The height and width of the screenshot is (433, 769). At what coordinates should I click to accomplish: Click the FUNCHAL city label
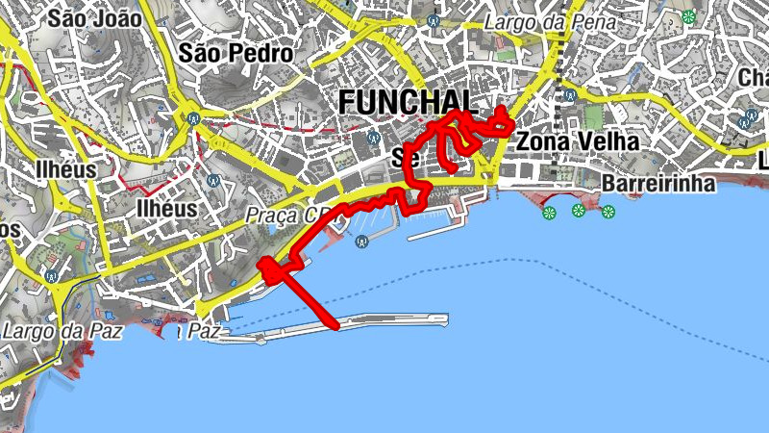click(408, 101)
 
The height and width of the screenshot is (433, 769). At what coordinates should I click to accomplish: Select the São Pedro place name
click(236, 54)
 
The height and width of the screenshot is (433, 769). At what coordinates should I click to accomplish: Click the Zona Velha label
click(577, 141)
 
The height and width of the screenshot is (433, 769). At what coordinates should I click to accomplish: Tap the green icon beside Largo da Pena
click(688, 16)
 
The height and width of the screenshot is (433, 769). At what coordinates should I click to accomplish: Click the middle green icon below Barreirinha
click(578, 211)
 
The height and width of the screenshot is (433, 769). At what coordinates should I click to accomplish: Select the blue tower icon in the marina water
click(361, 241)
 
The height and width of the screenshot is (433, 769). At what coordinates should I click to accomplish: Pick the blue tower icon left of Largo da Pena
click(434, 18)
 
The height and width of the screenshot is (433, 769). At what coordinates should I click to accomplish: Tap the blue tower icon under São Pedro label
click(194, 119)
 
